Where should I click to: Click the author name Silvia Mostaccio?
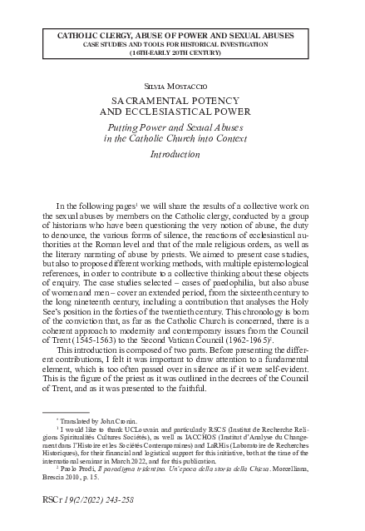coord(182,86)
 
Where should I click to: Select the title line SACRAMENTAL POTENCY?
coord(182,98)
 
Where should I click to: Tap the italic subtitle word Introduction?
coord(182,155)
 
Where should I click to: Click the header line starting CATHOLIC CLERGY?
coord(182,35)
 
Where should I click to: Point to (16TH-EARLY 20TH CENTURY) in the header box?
coord(182,52)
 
